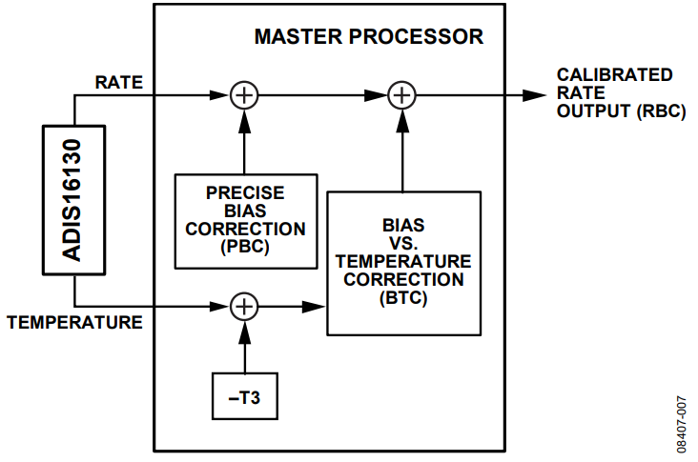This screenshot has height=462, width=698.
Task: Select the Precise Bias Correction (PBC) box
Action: pyautogui.click(x=245, y=220)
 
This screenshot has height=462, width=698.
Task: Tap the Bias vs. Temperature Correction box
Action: pyautogui.click(x=403, y=262)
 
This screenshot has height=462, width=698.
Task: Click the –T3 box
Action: pyautogui.click(x=245, y=396)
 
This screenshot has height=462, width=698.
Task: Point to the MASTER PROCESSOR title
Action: pyautogui.click(x=368, y=38)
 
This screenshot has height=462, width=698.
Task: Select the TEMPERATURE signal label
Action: pyautogui.click(x=74, y=323)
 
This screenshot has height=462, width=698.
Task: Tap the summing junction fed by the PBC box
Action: pyautogui.click(x=245, y=94)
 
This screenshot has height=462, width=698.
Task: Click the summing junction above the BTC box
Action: pyautogui.click(x=403, y=94)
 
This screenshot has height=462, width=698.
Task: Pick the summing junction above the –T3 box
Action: pyautogui.click(x=245, y=307)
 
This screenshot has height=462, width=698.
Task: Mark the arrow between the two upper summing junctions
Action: pyautogui.click(x=324, y=94)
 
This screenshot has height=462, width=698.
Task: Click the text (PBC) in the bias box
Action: pyautogui.click(x=245, y=247)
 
